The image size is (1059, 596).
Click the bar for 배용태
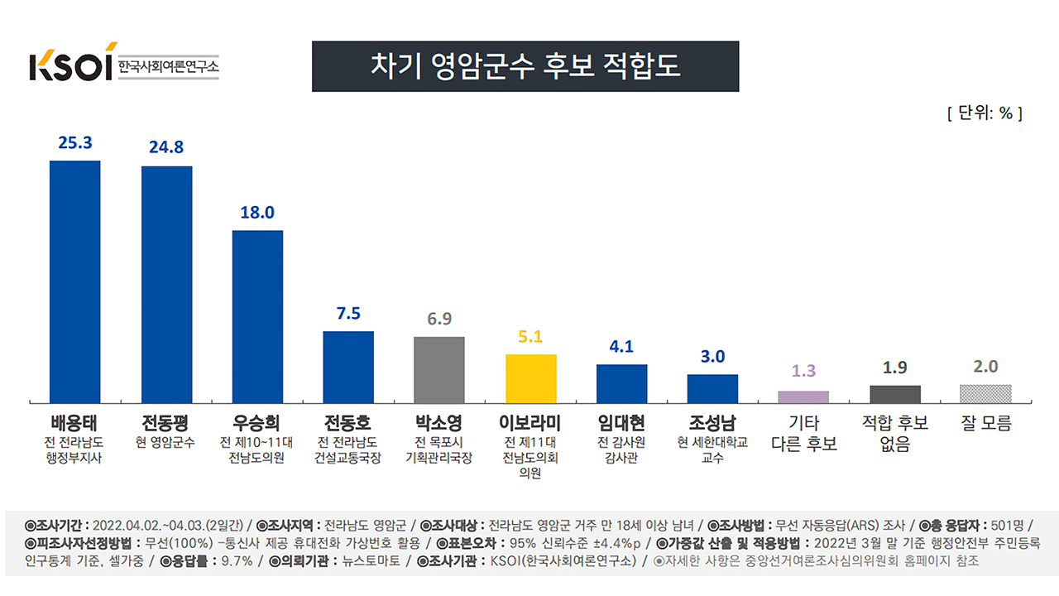pyautogui.click(x=74, y=281)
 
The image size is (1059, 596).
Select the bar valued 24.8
pyautogui.click(x=166, y=285)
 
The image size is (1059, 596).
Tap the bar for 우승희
pyautogui.click(x=257, y=316)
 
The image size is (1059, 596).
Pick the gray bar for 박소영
pyautogui.click(x=439, y=369)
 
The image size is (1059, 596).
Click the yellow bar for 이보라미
pyautogui.click(x=530, y=378)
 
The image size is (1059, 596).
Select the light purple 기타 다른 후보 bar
pyautogui.click(x=803, y=397)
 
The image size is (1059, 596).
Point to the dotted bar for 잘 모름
pyautogui.click(x=985, y=393)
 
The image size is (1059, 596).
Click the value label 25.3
pyautogui.click(x=74, y=142)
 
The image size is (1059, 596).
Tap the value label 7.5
pyautogui.click(x=348, y=314)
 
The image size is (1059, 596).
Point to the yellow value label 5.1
pyautogui.click(x=530, y=337)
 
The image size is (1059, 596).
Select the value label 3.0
pyautogui.click(x=712, y=357)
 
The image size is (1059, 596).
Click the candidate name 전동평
pyautogui.click(x=165, y=423)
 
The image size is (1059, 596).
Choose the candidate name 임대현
pyautogui.click(x=621, y=423)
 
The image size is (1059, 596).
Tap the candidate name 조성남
pyautogui.click(x=712, y=423)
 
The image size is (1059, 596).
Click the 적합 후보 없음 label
pyautogui.click(x=894, y=433)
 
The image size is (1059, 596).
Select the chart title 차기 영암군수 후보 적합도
pyautogui.click(x=525, y=66)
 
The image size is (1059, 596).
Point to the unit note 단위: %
pyautogui.click(x=985, y=113)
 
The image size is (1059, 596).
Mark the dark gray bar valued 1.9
pyautogui.click(x=894, y=394)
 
